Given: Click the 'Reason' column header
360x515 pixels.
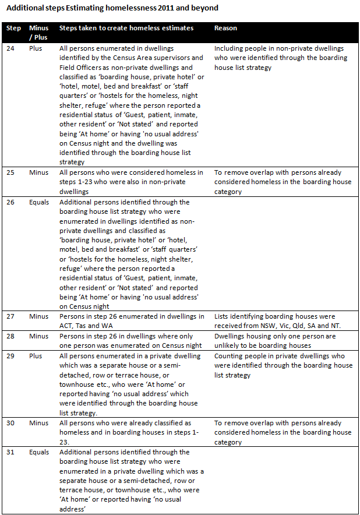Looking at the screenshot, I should click(225, 28).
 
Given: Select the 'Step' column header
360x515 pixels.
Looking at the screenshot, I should click(13, 28).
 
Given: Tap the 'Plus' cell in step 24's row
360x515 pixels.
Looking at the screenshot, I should click(36, 49).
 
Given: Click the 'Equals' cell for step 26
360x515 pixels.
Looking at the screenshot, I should click(39, 202).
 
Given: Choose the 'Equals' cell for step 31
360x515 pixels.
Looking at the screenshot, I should click(39, 452).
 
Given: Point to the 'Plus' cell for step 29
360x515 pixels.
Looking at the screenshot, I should click(36, 356).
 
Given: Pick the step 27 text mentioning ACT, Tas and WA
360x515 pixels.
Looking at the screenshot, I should click(132, 321).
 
